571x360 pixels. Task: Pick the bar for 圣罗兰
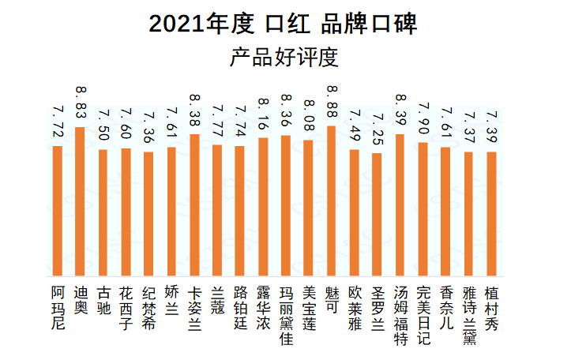(377, 213)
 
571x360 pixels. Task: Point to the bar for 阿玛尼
(57, 210)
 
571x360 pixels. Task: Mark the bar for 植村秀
(491, 212)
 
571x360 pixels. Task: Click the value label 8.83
(80, 103)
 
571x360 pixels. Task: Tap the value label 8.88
(331, 102)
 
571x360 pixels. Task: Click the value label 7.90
(423, 119)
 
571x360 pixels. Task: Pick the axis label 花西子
(126, 300)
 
